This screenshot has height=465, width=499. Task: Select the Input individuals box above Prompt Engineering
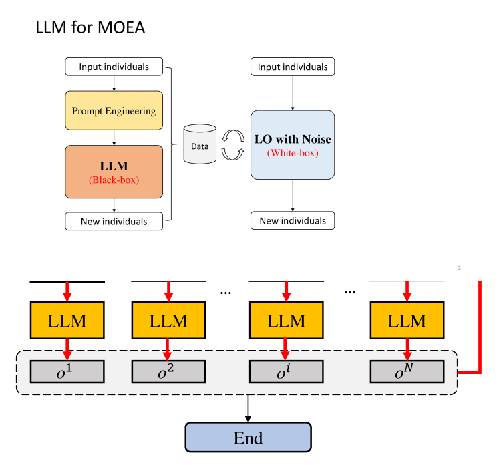tap(114, 67)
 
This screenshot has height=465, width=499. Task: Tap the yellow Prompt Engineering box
tap(114, 110)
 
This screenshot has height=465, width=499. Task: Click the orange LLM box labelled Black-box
tap(114, 171)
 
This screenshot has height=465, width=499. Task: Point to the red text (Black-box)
tap(114, 180)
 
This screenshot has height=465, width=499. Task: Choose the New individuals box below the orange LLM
tap(114, 221)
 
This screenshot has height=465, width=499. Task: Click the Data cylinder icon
tap(200, 144)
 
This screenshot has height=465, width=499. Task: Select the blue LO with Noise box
tap(293, 145)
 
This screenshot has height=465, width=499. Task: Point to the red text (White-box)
tap(293, 153)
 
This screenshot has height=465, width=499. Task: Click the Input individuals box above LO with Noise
tap(293, 67)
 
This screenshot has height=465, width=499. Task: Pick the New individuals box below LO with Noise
tap(293, 221)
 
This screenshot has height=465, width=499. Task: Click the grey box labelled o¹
tap(67, 371)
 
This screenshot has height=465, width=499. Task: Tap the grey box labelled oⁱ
tap(286, 371)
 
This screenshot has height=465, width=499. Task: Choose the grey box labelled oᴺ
tap(407, 371)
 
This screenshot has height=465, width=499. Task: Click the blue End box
tap(248, 438)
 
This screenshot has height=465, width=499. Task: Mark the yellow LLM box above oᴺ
tap(407, 321)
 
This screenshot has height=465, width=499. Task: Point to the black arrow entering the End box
tap(248, 408)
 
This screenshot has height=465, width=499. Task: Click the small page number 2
tap(460, 269)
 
